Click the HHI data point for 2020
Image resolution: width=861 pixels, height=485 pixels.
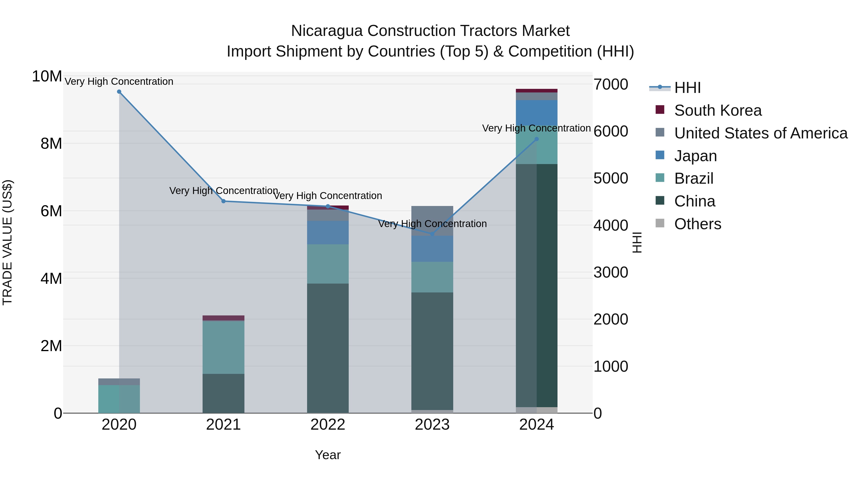point(119,92)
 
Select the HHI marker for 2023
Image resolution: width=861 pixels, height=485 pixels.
point(432,234)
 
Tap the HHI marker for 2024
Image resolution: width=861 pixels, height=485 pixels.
point(536,139)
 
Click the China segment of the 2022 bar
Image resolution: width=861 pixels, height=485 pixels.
point(328,348)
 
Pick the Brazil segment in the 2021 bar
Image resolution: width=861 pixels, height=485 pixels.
point(223,347)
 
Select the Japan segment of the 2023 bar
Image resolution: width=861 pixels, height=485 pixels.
point(432,249)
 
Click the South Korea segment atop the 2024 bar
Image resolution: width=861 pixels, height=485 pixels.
point(536,91)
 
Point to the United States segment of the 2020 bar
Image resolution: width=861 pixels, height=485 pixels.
point(119,382)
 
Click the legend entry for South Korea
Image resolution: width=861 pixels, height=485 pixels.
point(717,110)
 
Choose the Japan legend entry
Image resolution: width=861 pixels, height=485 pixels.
point(695,156)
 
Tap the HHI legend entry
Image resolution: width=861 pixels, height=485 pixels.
point(687,88)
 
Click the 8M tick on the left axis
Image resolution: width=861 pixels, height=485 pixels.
point(51,144)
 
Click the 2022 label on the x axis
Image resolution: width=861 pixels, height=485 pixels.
point(328,425)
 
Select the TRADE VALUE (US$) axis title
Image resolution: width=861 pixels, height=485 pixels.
point(7,242)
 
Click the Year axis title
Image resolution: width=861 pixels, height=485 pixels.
point(328,455)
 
